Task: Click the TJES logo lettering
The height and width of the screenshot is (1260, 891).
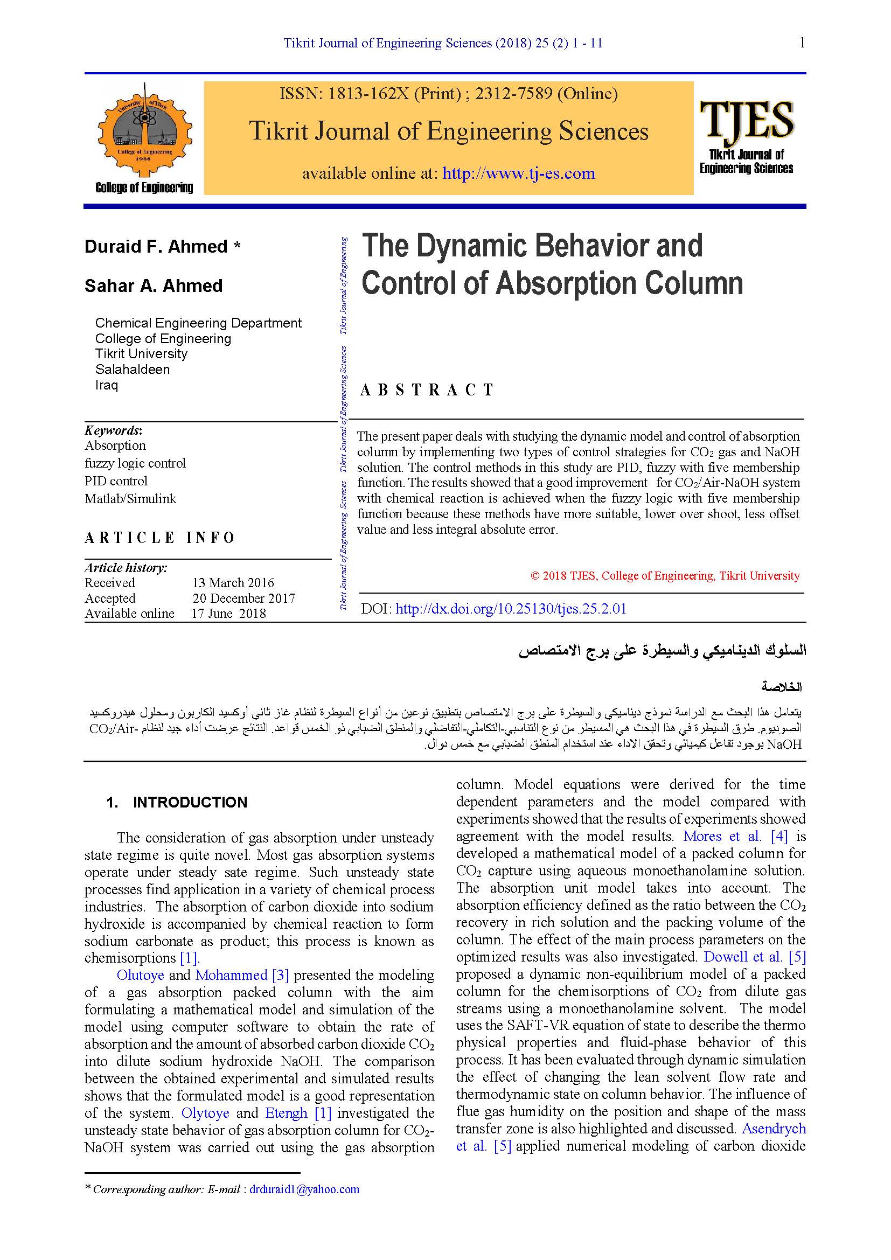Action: [746, 120]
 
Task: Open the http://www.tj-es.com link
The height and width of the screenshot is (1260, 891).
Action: [518, 173]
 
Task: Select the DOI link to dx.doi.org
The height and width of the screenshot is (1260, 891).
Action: [510, 609]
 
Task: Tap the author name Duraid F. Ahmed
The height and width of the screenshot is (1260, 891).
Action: [156, 246]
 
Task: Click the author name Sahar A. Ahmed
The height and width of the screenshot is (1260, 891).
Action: [154, 286]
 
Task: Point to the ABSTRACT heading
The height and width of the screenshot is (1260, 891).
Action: [427, 390]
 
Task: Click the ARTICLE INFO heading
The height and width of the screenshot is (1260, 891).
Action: [159, 537]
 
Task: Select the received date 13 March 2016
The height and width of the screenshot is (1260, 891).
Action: [233, 583]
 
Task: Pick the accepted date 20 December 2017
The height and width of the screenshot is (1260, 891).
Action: [243, 598]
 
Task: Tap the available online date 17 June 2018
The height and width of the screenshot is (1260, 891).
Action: [229, 614]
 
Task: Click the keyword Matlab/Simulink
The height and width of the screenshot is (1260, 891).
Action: [130, 499]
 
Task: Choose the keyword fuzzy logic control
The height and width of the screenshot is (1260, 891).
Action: [135, 463]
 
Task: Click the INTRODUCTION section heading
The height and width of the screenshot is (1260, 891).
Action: [190, 802]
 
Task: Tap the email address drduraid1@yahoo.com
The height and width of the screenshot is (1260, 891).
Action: [304, 1189]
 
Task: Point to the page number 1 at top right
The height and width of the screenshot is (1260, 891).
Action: [802, 43]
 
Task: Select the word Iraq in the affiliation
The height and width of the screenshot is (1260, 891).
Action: [107, 385]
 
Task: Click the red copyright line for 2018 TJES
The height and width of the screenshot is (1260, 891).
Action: [665, 576]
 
